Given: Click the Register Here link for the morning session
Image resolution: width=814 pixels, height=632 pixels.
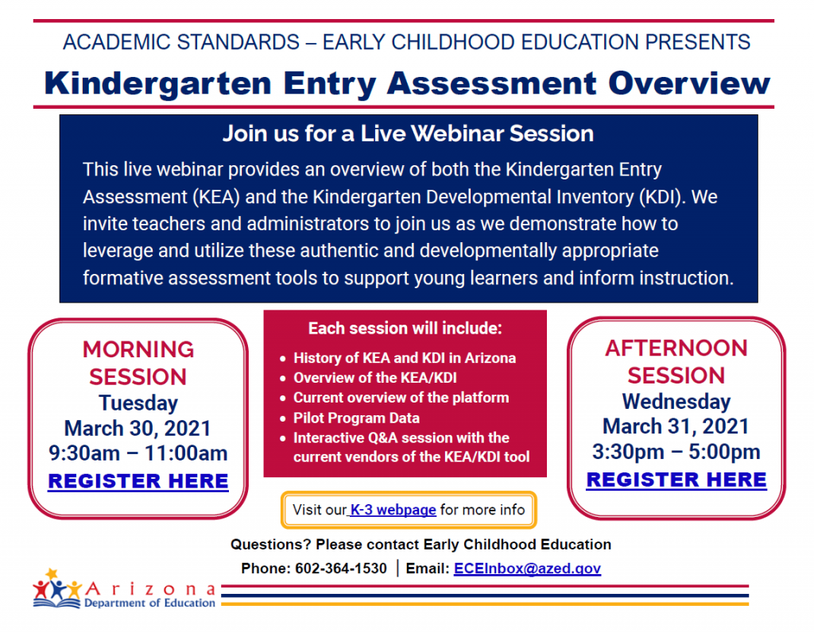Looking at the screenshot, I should coord(138,481).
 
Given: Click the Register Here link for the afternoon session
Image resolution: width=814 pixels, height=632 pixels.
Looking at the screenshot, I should coord(676,480).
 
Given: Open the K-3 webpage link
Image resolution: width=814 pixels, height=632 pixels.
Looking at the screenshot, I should coord(394,510).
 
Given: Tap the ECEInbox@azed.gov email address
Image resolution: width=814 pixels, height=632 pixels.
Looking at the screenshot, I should coord(527,568).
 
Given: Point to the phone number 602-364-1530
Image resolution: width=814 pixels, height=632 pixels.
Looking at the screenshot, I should coord(341,568).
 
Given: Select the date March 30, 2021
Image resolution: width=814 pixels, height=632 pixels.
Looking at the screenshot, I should coord(138,429).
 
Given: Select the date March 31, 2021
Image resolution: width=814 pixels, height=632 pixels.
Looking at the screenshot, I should coord(676,426).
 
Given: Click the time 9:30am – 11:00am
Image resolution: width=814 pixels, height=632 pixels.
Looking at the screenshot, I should coord(138,454).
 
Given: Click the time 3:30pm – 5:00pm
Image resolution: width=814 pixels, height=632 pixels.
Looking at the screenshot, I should coord(676,452).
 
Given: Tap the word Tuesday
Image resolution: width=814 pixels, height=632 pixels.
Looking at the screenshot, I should coord(138,403).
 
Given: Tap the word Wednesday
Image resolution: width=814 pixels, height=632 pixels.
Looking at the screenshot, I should coord(676,401).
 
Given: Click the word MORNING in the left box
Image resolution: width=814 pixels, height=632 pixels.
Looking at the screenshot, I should coord(138,349).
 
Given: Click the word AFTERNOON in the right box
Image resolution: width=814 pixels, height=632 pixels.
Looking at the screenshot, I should coord(676,348).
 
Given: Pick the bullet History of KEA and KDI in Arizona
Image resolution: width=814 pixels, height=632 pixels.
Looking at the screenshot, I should coord(404,358).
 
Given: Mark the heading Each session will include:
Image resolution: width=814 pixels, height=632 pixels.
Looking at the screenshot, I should coord(405,328).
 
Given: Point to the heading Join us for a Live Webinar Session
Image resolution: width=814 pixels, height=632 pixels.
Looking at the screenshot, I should coord(408,133).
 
